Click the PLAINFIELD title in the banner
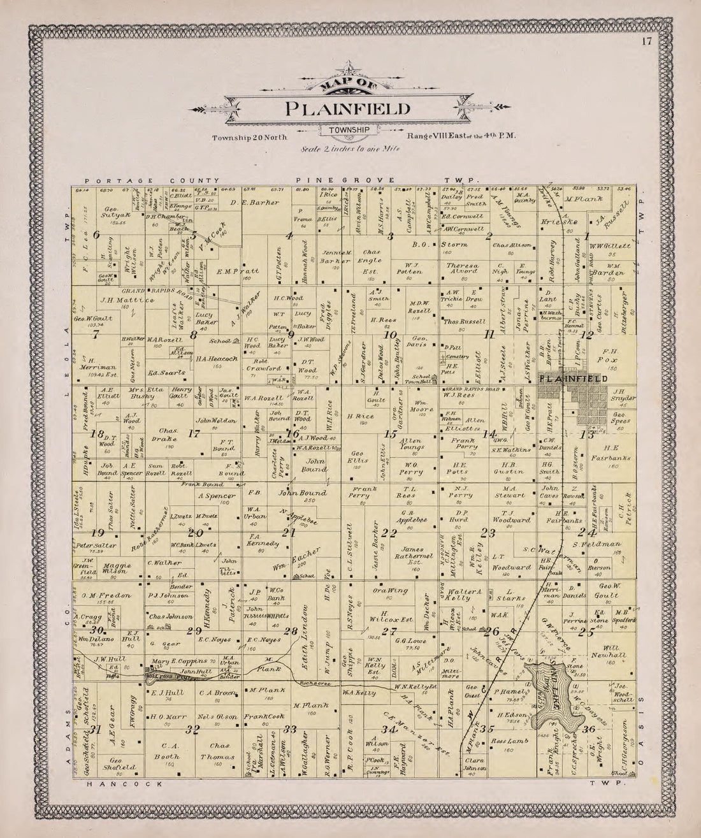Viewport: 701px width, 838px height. point(347,108)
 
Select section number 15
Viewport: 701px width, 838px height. point(391,434)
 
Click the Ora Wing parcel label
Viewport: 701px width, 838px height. point(390,591)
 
